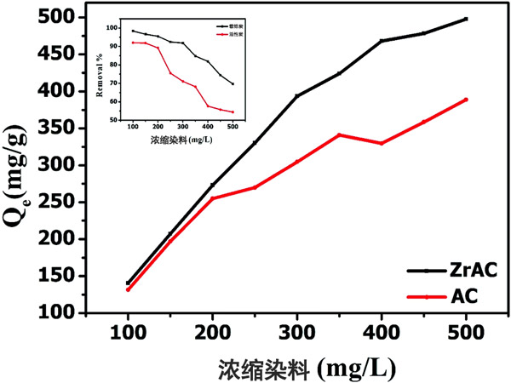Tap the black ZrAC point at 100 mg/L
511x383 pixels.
coord(128,283)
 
